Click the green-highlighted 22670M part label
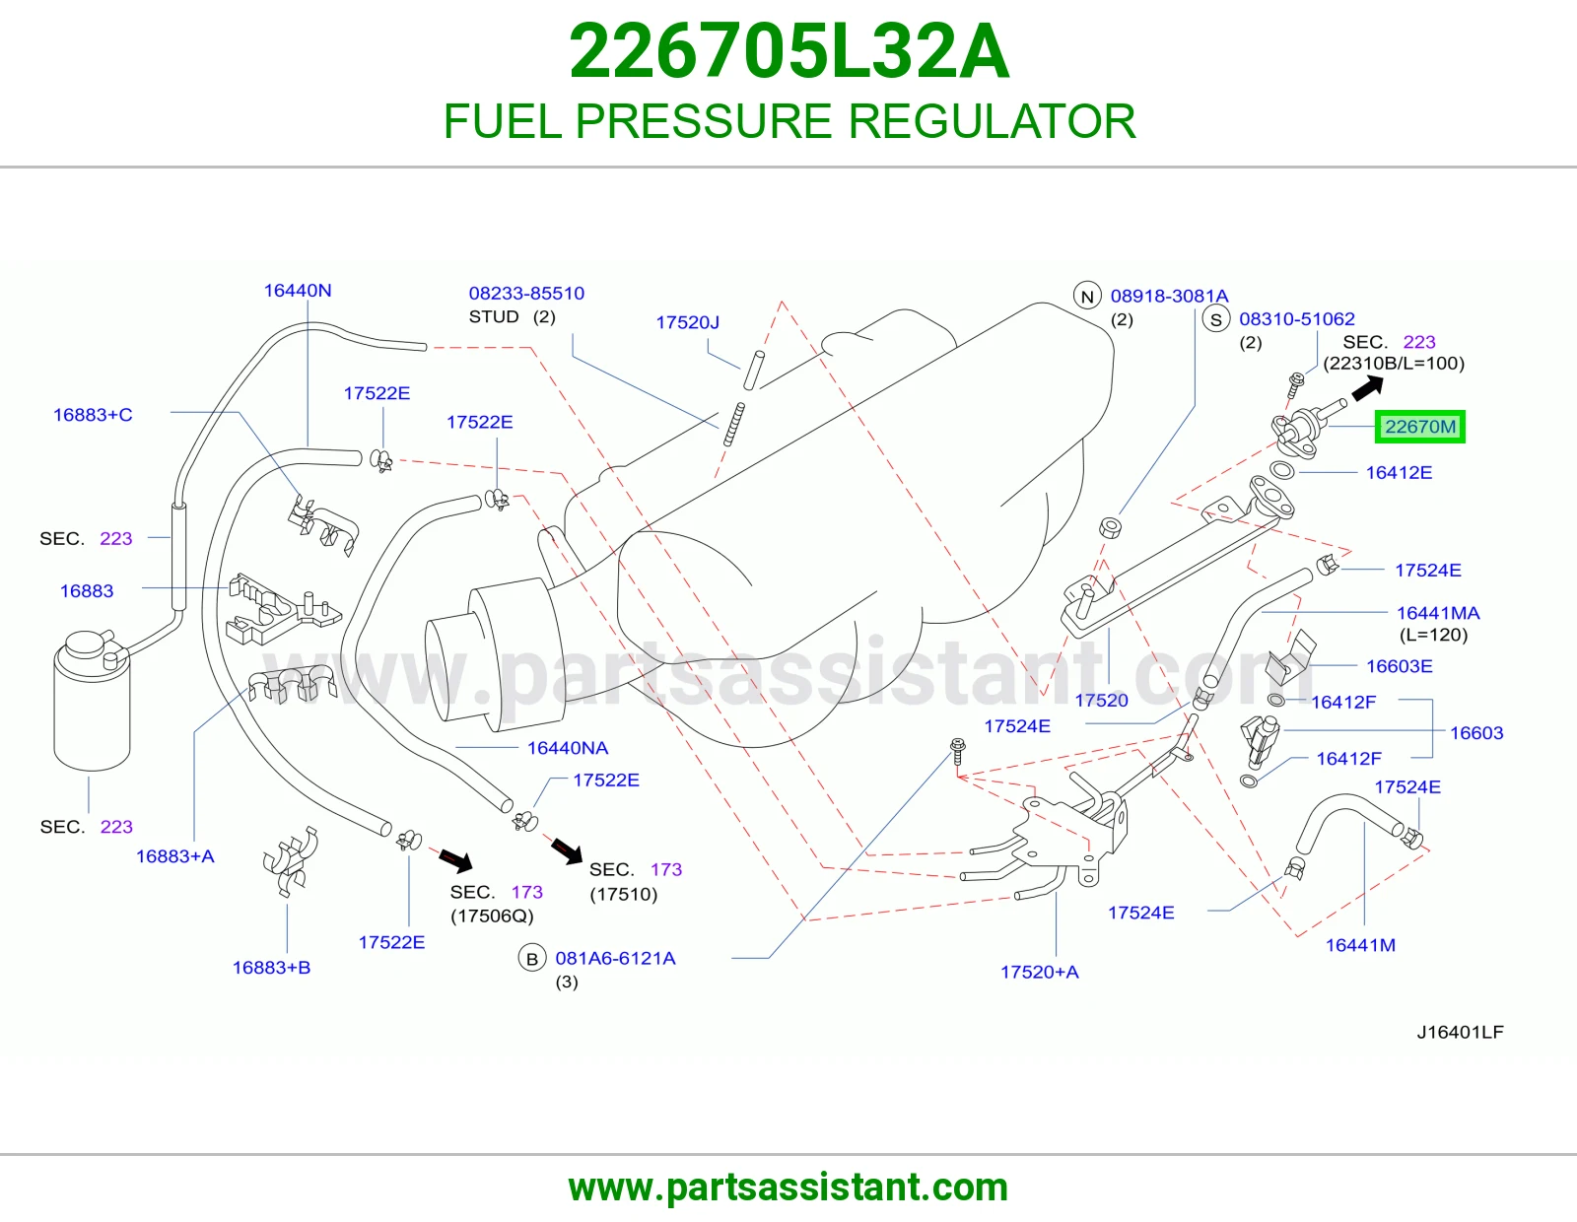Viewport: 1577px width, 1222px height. click(x=1420, y=427)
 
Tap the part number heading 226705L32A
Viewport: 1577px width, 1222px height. click(x=788, y=51)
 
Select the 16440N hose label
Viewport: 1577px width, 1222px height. click(x=298, y=291)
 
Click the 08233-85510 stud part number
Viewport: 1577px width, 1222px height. click(x=526, y=293)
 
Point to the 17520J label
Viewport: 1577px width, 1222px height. click(x=687, y=322)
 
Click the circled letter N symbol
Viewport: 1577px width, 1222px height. click(x=1087, y=296)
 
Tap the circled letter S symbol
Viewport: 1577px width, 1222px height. click(x=1215, y=319)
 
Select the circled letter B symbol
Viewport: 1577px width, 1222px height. click(x=532, y=959)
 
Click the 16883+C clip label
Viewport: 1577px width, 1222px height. click(x=93, y=414)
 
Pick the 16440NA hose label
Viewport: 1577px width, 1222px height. click(x=568, y=747)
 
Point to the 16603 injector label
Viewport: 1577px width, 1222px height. click(x=1476, y=733)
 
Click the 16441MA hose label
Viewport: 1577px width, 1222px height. click(x=1438, y=613)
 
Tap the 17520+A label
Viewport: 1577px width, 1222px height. click(x=1039, y=972)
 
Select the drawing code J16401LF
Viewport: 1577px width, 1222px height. click(x=1460, y=1032)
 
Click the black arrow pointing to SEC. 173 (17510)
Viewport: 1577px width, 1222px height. click(x=567, y=851)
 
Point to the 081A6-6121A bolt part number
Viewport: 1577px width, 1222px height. click(x=615, y=958)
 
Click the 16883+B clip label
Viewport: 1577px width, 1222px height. click(x=271, y=968)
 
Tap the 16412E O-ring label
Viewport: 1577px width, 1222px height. click(x=1399, y=472)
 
